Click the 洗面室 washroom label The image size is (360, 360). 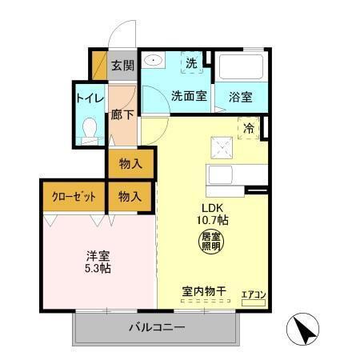point(189,94)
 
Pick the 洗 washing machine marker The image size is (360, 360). point(191,62)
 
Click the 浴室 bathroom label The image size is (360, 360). point(241,97)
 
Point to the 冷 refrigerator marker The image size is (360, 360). point(250,126)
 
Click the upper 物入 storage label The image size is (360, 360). point(130,164)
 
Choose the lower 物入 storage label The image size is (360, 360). point(130,196)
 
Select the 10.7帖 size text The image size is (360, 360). point(211,218)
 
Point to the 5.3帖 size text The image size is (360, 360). point(98,269)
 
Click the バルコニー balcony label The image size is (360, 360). point(158,327)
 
